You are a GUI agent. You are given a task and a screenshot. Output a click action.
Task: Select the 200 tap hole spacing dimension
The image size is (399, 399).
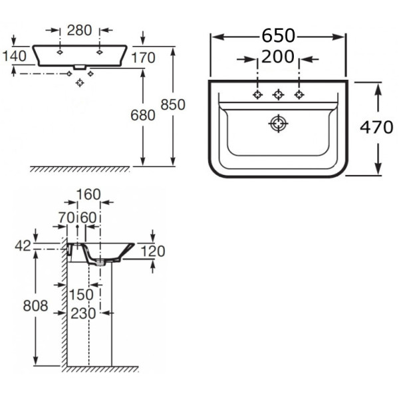278,58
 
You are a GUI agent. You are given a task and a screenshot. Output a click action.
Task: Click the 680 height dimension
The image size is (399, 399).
142,114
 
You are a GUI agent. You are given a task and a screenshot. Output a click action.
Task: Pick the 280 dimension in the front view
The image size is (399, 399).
79,30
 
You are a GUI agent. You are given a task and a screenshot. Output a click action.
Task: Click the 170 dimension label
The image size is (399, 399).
142,58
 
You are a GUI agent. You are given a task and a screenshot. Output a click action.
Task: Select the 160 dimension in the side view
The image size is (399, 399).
88,194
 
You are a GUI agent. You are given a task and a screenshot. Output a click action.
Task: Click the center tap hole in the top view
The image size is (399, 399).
278,94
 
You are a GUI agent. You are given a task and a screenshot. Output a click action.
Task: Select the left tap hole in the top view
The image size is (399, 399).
257,94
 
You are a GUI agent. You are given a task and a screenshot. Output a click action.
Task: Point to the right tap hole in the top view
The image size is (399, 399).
299,94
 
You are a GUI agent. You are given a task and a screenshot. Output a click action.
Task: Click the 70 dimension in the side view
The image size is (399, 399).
65,217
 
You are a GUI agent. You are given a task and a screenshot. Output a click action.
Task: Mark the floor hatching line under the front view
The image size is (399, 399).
80,169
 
